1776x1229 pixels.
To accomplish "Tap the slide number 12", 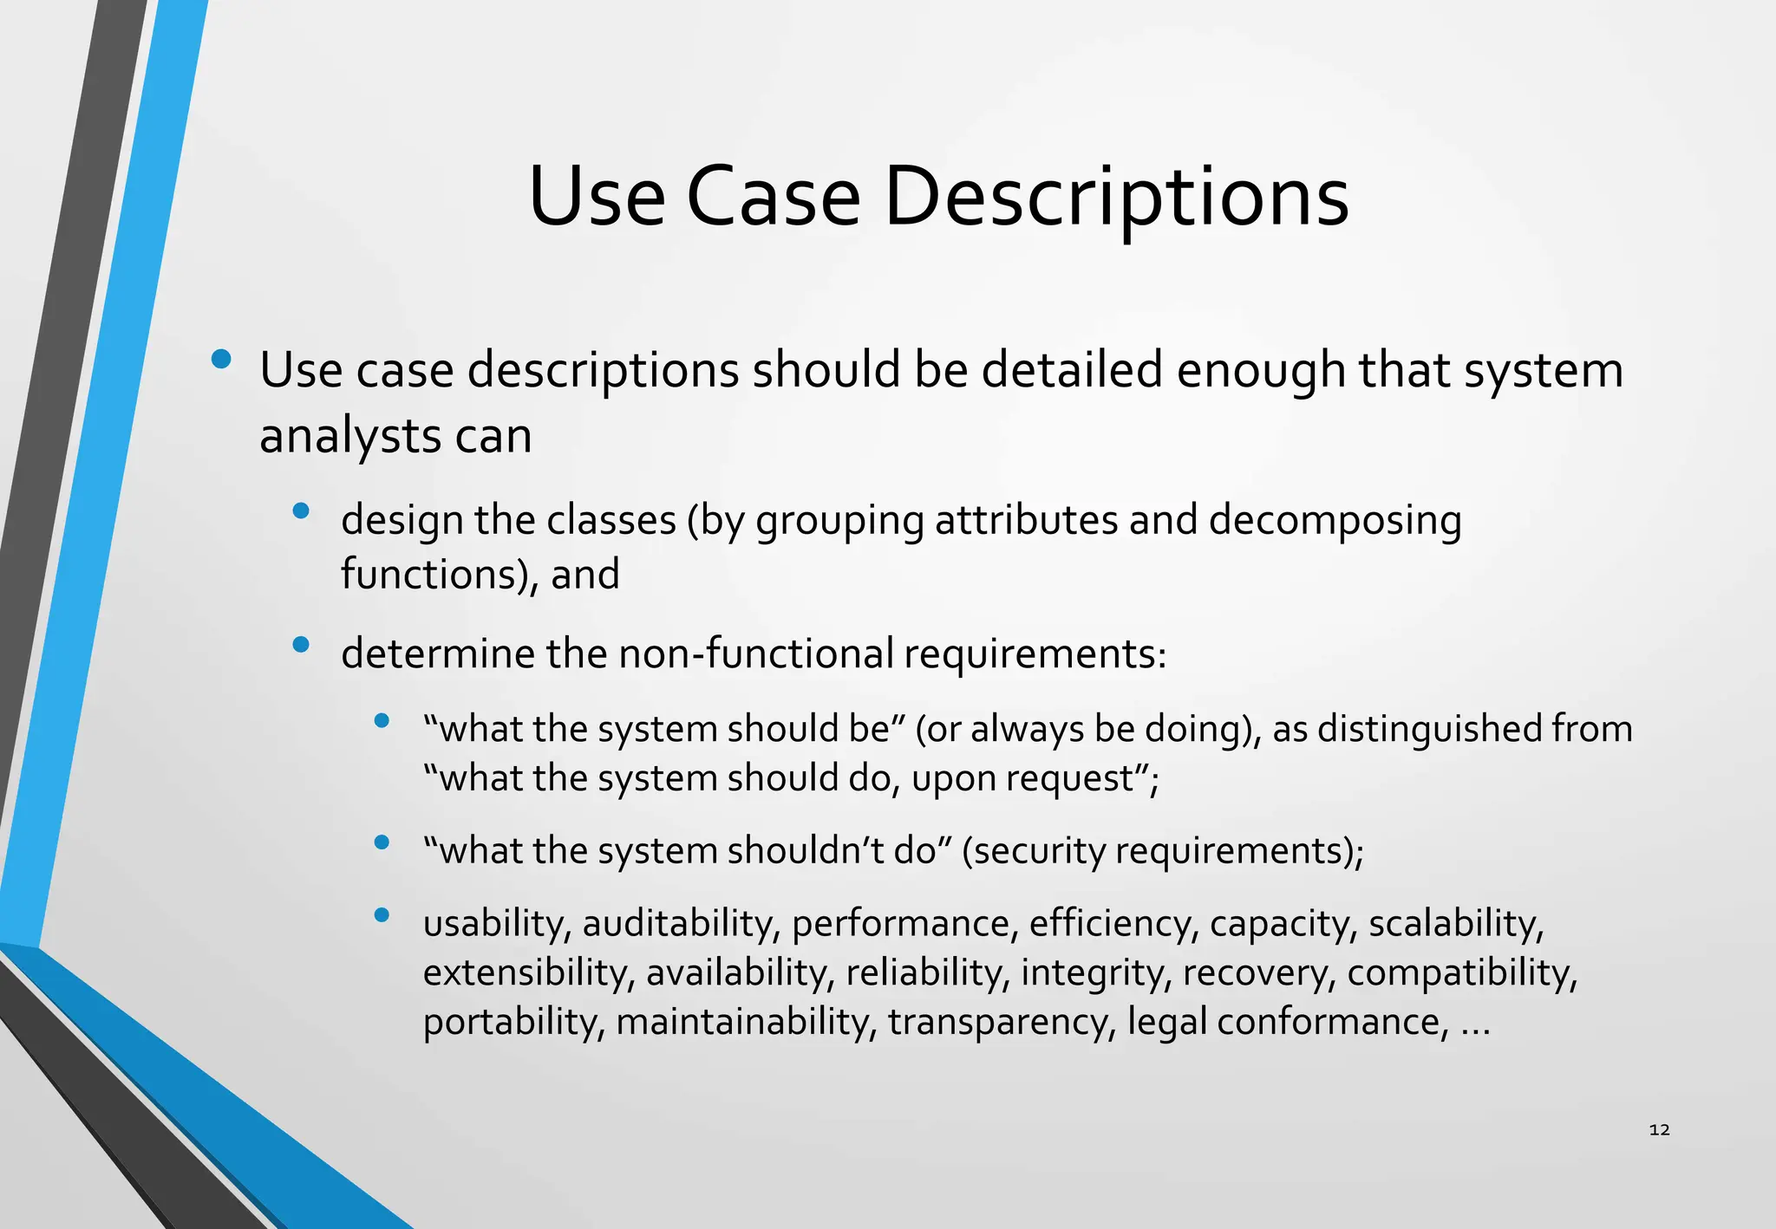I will [1659, 1129].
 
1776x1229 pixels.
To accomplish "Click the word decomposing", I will [1335, 520].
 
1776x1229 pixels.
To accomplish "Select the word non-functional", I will [755, 654].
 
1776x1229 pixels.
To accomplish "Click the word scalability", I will [1454, 923].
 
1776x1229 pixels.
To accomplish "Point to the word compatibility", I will [1461, 972].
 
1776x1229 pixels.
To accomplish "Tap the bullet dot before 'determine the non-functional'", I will [301, 644].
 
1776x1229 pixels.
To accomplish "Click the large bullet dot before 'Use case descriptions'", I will [221, 359].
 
